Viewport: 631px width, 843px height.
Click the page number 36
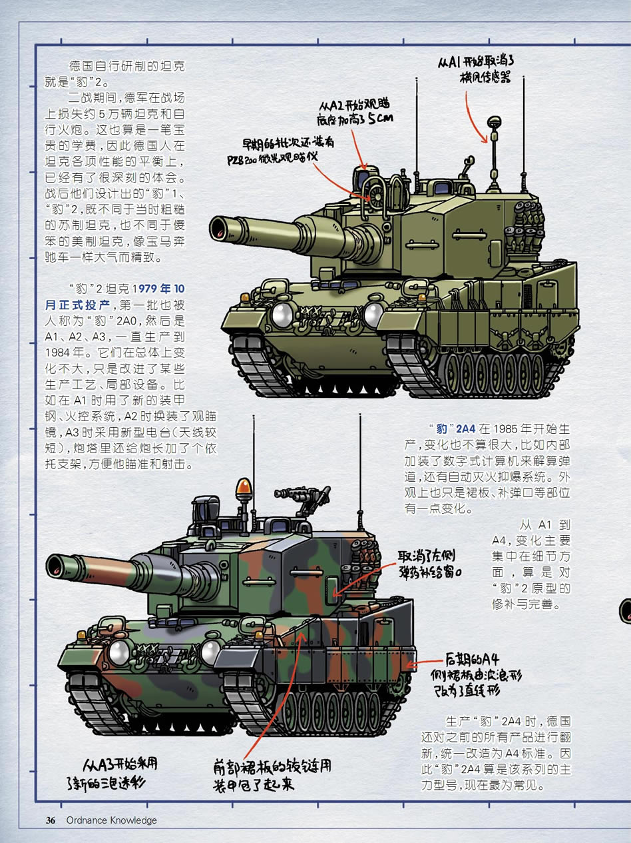(51, 820)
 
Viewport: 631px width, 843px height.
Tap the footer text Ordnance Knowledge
(112, 820)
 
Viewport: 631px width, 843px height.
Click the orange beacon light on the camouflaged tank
(244, 486)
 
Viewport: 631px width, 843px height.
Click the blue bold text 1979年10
(158, 289)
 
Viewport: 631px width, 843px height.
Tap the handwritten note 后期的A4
(472, 660)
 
